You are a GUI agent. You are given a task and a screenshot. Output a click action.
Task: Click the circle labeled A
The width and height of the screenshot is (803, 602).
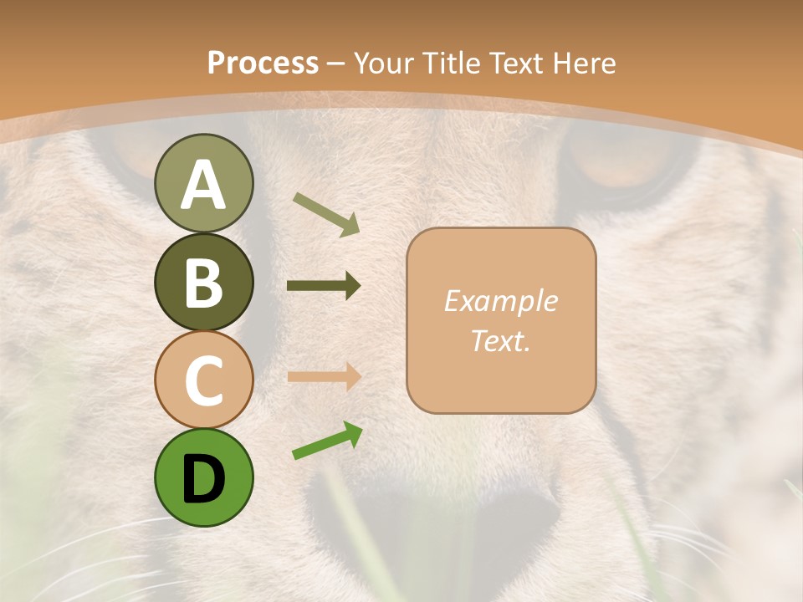pyautogui.click(x=203, y=183)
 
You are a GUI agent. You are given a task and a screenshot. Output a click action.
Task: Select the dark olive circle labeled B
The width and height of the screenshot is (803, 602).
pyautogui.click(x=203, y=282)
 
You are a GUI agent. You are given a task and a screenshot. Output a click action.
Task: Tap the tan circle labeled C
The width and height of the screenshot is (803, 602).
pyautogui.click(x=203, y=380)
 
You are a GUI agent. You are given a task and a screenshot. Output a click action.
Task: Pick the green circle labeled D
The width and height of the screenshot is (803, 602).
pyautogui.click(x=203, y=477)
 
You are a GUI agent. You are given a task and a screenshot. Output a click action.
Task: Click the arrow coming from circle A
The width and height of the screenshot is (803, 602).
pyautogui.click(x=326, y=214)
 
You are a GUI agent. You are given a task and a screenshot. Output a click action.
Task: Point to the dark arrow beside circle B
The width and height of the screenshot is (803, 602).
pyautogui.click(x=324, y=286)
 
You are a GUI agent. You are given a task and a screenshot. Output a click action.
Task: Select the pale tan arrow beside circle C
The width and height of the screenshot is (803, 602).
pyautogui.click(x=324, y=376)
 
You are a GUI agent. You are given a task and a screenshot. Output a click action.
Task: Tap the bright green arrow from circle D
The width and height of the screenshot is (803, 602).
pyautogui.click(x=327, y=441)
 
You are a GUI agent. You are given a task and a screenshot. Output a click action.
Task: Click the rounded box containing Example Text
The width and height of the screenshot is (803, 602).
pyautogui.click(x=501, y=320)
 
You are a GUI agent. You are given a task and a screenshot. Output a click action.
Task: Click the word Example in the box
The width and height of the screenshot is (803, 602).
pyautogui.click(x=500, y=301)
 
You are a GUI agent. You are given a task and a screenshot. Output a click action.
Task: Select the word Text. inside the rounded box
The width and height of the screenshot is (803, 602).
pyautogui.click(x=500, y=341)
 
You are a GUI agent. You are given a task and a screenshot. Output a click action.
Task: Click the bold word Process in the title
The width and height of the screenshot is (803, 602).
pyautogui.click(x=263, y=63)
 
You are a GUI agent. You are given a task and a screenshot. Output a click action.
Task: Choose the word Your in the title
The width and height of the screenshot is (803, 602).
pyautogui.click(x=384, y=63)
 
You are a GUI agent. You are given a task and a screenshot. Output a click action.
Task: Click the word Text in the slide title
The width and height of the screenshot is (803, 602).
pyautogui.click(x=519, y=63)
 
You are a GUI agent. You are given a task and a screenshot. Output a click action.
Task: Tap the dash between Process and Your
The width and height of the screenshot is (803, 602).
pyautogui.click(x=336, y=64)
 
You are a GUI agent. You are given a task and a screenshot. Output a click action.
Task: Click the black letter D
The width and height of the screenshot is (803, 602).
pyautogui.click(x=203, y=479)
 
